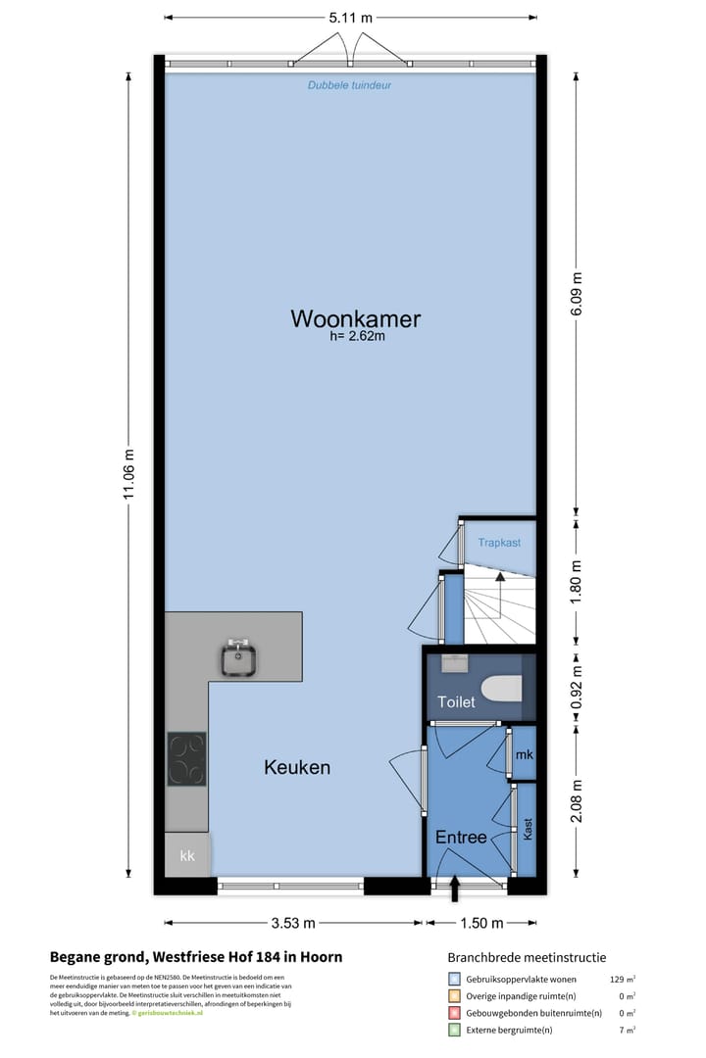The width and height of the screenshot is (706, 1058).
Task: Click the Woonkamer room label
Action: click(x=355, y=319)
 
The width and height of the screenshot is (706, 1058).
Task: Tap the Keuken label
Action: click(x=297, y=768)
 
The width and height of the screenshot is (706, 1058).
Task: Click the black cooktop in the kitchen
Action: click(x=186, y=758)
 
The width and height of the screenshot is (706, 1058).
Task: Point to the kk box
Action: click(x=186, y=856)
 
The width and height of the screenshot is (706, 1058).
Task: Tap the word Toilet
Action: click(x=456, y=702)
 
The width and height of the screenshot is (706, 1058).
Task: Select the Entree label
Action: click(x=461, y=838)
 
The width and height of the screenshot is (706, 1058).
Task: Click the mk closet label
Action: click(x=525, y=754)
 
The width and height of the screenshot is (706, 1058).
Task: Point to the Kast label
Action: click(x=529, y=830)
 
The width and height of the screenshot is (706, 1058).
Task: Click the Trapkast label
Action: click(x=498, y=543)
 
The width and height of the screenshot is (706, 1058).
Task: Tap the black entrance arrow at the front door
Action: click(x=454, y=888)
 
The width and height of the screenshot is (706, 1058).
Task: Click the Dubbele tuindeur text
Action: click(x=350, y=85)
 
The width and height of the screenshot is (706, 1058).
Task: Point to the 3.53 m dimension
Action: click(x=294, y=923)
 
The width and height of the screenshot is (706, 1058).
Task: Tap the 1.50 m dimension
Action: click(x=481, y=923)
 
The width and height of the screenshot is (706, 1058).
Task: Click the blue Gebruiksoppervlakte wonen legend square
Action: click(x=454, y=979)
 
